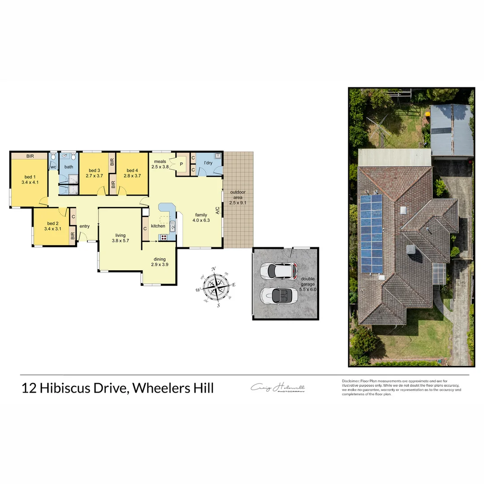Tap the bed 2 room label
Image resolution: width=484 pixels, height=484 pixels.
pos(52,223)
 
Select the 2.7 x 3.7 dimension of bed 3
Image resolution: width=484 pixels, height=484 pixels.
pos(94,176)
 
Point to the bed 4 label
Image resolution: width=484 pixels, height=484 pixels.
pos(132,170)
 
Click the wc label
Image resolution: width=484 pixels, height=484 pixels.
pos(53,167)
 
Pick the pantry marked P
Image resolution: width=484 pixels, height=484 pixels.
pos(181,164)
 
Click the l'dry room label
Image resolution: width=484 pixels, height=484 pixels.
pos(208,163)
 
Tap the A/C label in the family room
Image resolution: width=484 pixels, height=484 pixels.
pos(217,210)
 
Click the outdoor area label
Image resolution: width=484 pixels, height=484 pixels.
pos(238,197)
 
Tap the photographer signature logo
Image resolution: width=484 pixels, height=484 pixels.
pos(278,388)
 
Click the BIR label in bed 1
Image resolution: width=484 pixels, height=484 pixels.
pos(30,156)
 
